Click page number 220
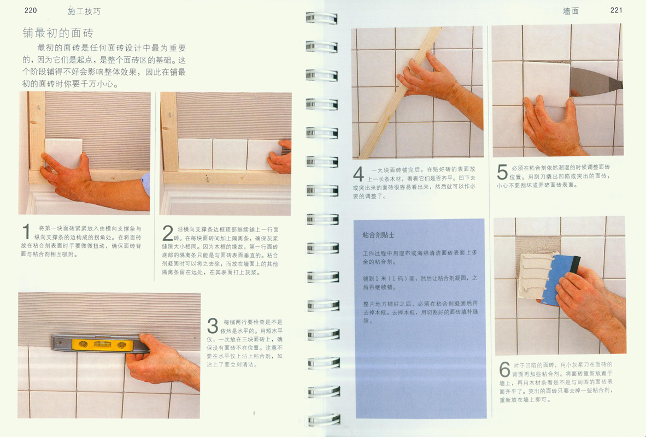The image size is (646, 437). [x=31, y=10]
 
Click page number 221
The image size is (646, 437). [x=616, y=10]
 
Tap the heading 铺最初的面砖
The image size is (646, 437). [x=58, y=33]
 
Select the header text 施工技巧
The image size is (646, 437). [x=84, y=11]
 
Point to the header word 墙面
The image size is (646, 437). [x=571, y=11]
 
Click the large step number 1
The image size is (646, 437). [x=26, y=232]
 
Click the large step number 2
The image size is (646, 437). [x=168, y=233]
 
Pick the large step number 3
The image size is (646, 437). [x=213, y=326]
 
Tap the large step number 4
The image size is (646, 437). [x=359, y=174]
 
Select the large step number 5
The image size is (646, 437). [x=502, y=172]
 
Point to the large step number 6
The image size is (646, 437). [x=504, y=369]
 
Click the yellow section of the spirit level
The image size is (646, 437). [x=103, y=345]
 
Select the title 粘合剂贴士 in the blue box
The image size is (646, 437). [x=379, y=235]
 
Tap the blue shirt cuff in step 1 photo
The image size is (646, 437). [x=145, y=184]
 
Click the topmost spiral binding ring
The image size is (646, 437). [x=321, y=18]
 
